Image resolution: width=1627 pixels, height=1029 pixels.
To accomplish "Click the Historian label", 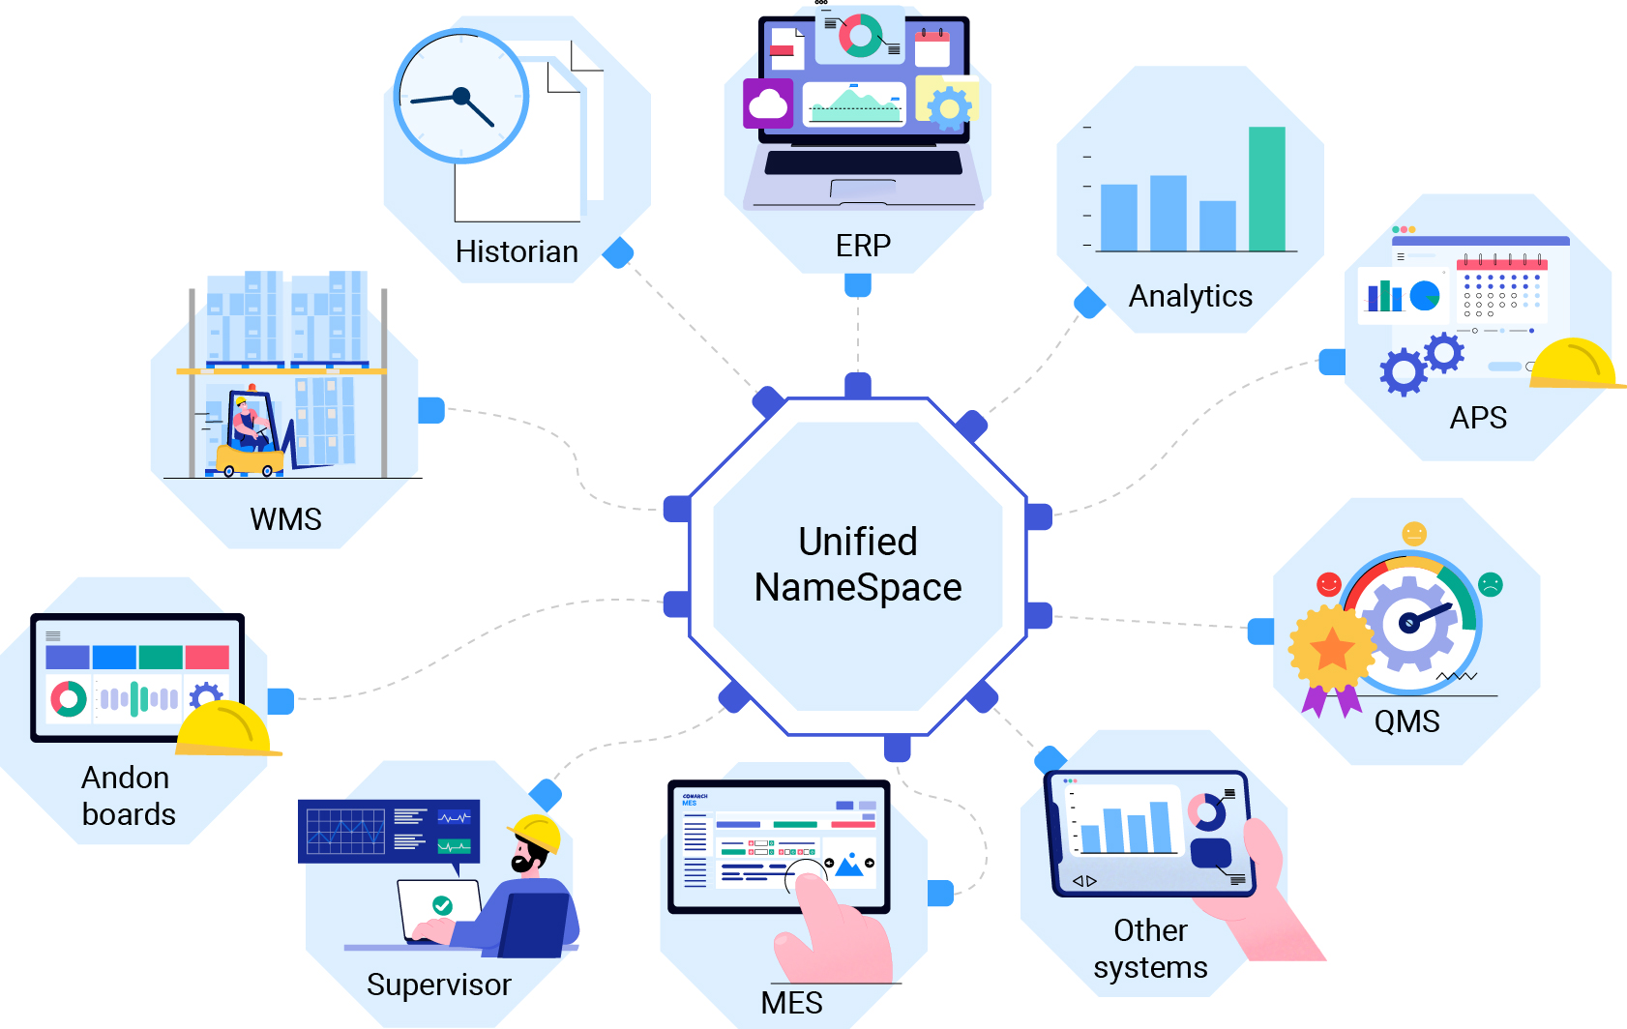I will point(517,251).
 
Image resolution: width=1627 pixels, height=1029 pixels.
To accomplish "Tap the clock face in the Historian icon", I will point(461,96).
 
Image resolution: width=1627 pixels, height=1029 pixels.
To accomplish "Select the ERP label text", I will point(863,246).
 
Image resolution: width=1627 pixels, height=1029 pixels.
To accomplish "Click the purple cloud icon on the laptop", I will point(768,103).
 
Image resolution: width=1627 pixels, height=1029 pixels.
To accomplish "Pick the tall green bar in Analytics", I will point(1266,190).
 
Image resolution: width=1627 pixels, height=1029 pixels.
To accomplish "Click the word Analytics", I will point(1190,296).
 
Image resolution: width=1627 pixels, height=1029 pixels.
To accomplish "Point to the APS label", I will point(1478,418).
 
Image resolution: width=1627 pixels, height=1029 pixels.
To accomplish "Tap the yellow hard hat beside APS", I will point(1574,365).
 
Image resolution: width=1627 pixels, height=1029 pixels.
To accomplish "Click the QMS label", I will point(1406,721).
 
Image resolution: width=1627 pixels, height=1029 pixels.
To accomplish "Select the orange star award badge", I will point(1332,648).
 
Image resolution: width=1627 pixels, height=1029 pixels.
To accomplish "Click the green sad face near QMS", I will point(1491,584).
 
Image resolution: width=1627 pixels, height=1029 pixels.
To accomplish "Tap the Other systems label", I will point(1150,949).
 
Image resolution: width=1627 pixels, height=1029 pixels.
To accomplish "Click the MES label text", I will point(791,1003).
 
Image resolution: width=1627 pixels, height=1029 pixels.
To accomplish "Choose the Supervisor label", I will point(438,985).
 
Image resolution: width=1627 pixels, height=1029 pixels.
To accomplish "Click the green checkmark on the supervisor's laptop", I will point(442,905).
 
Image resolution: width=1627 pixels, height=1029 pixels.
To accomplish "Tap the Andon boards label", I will point(128,796).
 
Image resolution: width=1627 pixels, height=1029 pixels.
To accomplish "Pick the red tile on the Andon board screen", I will point(207,658).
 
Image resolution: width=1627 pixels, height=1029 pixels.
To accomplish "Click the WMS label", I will point(285,519).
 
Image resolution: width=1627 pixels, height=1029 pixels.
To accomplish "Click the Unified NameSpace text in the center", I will point(858,565).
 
